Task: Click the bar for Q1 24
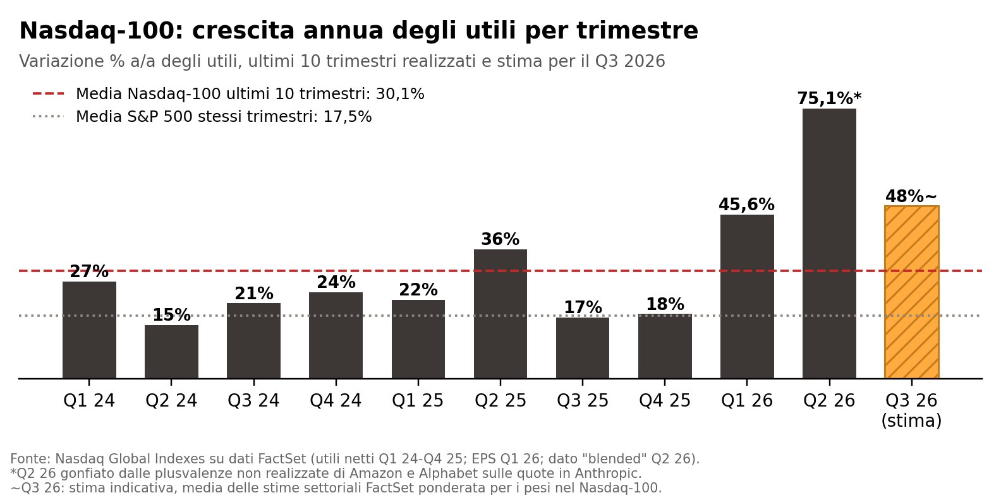[x=89, y=330]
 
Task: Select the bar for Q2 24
[x=172, y=352]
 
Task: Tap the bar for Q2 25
[x=500, y=314]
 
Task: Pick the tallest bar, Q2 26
[x=829, y=244]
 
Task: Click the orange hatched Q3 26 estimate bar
[x=912, y=292]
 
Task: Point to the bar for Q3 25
[x=583, y=348]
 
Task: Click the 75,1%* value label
[x=829, y=98]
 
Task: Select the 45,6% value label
[x=747, y=205]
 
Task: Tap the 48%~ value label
[x=911, y=196]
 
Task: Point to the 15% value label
[x=172, y=315]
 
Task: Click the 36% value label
[x=500, y=239]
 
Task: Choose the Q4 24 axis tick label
[x=336, y=400]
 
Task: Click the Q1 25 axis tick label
[x=418, y=400]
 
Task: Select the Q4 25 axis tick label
[x=665, y=400]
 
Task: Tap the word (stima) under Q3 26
[x=912, y=420]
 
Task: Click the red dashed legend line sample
[x=48, y=93]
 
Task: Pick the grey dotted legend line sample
[x=48, y=117]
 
